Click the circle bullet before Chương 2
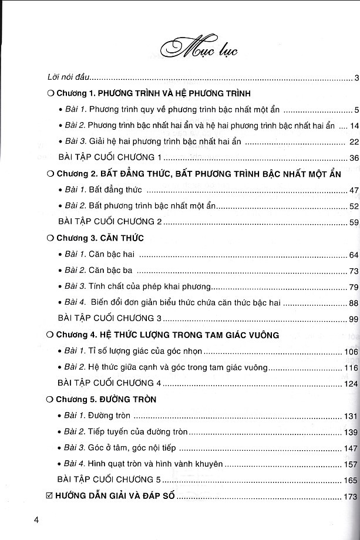click(50, 173)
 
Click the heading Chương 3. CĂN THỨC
click(99, 238)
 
